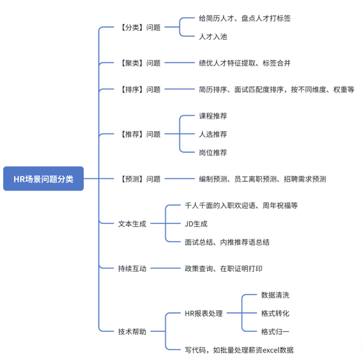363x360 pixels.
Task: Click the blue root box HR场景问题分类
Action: [43, 179]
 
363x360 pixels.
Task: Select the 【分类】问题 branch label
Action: [140, 28]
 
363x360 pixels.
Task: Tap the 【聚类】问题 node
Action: [140, 62]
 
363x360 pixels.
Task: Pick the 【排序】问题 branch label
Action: [140, 89]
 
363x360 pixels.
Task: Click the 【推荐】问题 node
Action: [140, 134]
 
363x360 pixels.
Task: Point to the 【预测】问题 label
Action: [140, 179]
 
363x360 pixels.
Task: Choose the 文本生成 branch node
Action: [132, 223]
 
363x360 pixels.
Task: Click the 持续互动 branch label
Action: [132, 268]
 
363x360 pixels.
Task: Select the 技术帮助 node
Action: [132, 331]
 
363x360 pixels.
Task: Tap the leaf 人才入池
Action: [213, 37]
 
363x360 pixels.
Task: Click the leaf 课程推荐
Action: [213, 116]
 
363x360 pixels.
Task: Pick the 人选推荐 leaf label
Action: [213, 134]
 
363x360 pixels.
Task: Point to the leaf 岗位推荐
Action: [213, 152]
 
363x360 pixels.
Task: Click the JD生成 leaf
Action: [196, 223]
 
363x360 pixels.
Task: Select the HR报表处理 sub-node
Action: [204, 313]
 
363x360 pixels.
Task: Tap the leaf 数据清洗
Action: [275, 295]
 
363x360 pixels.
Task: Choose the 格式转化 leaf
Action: [275, 313]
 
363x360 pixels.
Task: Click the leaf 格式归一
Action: [275, 331]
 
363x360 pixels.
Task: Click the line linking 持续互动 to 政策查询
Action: [165, 268]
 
